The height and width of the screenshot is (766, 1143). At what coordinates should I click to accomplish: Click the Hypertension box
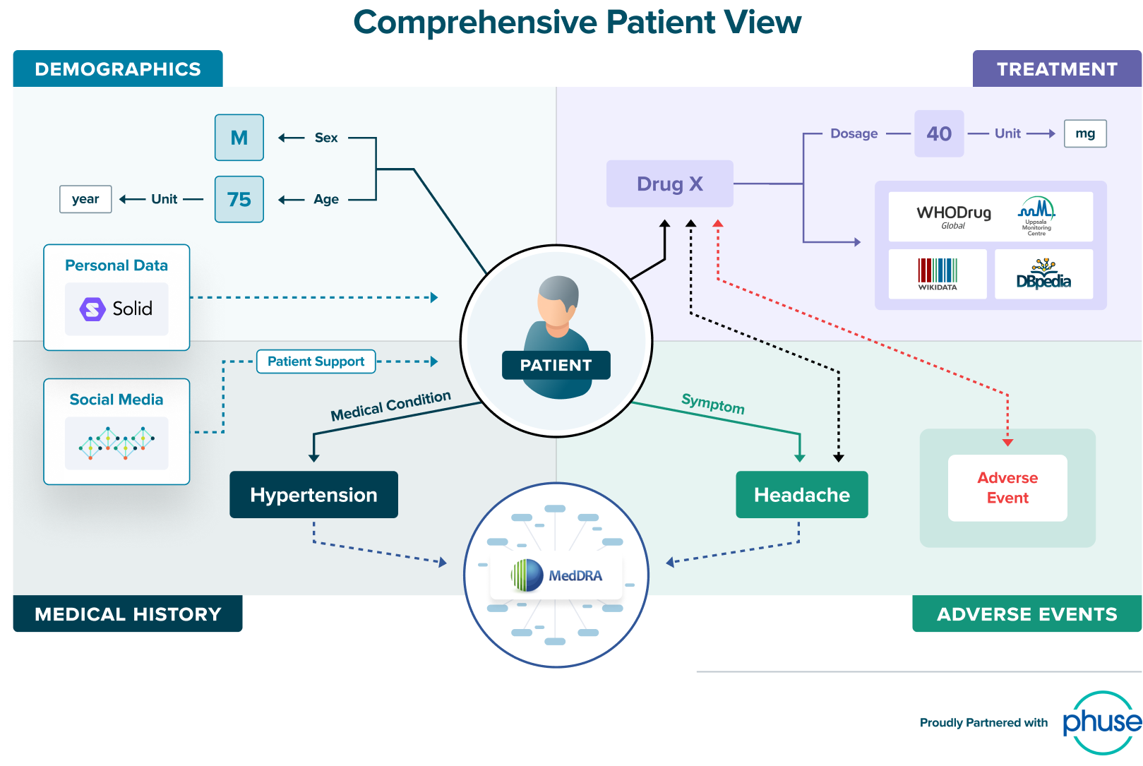313,495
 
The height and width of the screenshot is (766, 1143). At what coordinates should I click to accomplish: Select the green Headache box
801,495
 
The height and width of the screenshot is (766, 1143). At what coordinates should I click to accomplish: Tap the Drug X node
669,184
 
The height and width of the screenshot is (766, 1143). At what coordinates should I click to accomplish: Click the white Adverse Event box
1007,488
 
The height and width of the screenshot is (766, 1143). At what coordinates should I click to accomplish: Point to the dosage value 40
939,133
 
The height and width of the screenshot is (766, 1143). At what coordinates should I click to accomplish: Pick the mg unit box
1085,133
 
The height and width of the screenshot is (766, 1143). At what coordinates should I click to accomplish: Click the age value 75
239,199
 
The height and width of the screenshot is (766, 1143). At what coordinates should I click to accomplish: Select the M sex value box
239,138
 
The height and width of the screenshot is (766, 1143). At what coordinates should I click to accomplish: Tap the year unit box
85,199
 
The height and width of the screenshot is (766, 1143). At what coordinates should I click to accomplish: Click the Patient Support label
316,361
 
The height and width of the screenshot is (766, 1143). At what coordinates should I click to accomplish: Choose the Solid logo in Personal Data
116,309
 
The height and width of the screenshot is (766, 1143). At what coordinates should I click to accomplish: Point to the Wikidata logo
938,274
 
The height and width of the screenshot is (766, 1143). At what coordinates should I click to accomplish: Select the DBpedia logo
1043,274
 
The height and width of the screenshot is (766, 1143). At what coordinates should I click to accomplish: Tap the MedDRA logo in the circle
557,575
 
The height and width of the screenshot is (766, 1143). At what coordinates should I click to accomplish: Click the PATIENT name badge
556,365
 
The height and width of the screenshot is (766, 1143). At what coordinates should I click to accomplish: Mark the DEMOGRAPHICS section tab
118,69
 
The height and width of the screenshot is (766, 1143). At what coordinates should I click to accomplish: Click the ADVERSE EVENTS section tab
1027,614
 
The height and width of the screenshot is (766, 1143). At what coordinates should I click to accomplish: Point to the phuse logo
1101,722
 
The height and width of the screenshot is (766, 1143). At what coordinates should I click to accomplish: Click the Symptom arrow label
713,404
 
